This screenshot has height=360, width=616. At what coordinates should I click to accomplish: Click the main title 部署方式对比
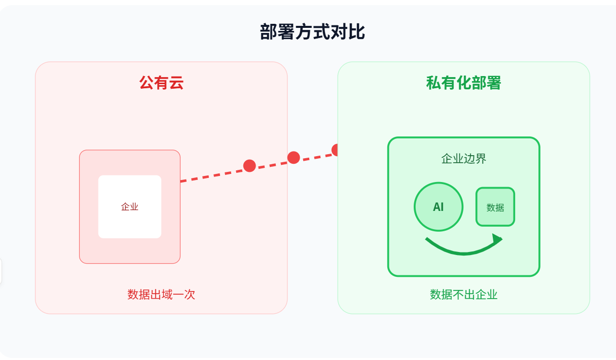pyautogui.click(x=312, y=32)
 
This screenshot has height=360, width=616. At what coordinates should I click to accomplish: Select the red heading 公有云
pyautogui.click(x=161, y=83)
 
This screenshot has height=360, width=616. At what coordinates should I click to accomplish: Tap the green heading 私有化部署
pyautogui.click(x=464, y=83)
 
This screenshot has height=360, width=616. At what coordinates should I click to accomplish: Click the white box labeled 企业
pyautogui.click(x=130, y=206)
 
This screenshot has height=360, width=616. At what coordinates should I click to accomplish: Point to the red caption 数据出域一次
pyautogui.click(x=161, y=295)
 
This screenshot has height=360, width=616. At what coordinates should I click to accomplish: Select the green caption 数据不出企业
pyautogui.click(x=464, y=295)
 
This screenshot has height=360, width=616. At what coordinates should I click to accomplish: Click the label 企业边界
pyautogui.click(x=464, y=159)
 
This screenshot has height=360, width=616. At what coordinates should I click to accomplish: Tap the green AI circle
pyautogui.click(x=439, y=207)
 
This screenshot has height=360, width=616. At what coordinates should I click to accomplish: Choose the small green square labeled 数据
pyautogui.click(x=495, y=207)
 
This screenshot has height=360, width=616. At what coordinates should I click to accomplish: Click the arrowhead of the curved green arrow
pyautogui.click(x=497, y=239)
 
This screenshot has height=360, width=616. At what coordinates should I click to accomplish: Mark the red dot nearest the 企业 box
pyautogui.click(x=250, y=166)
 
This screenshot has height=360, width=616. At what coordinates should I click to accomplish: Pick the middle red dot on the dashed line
pyautogui.click(x=294, y=158)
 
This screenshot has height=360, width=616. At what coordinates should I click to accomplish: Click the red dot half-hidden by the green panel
pyautogui.click(x=335, y=150)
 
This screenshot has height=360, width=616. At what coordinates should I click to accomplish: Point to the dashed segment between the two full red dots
pyautogui.click(x=272, y=162)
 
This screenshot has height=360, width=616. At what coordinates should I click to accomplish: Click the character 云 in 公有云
pyautogui.click(x=176, y=83)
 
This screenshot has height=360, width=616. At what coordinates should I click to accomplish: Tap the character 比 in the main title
pyautogui.click(x=356, y=32)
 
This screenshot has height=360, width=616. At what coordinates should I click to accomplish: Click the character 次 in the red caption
pyautogui.click(x=190, y=295)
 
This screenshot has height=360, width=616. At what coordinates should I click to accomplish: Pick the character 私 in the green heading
pyautogui.click(x=433, y=83)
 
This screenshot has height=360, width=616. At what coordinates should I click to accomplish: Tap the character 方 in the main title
pyautogui.click(x=304, y=32)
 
